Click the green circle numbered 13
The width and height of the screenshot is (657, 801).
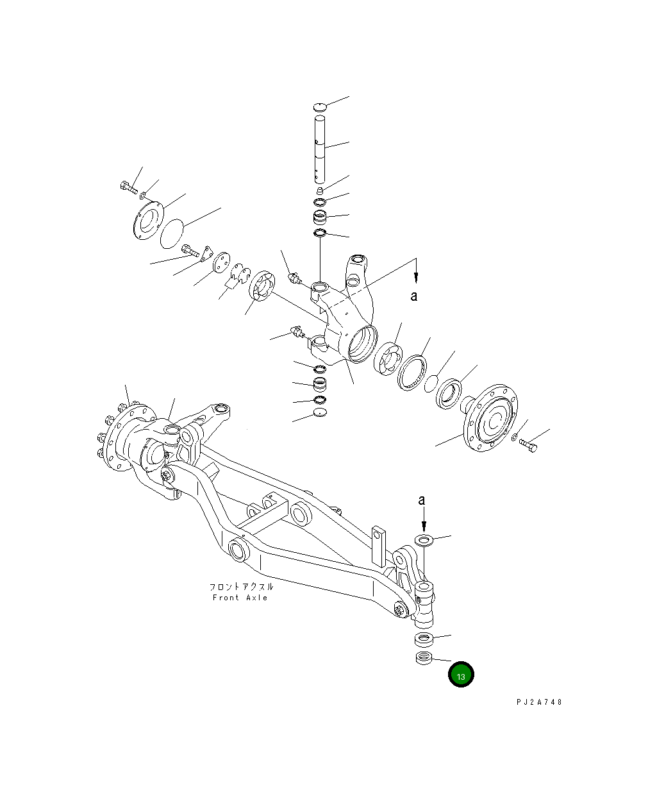coord(461,675)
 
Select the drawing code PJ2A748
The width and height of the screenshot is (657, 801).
coord(538,702)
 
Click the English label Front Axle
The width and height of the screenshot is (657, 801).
coord(240,598)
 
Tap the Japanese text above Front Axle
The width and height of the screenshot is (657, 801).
coord(241,586)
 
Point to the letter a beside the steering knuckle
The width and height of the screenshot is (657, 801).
coord(415,296)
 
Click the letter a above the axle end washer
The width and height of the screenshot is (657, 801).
coord(421,500)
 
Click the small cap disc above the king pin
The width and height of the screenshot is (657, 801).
coord(320,106)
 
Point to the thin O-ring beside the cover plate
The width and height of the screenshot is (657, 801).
coord(172,232)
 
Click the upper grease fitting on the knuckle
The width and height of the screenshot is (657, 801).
coord(296,280)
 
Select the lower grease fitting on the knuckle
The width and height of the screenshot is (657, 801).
coord(297,332)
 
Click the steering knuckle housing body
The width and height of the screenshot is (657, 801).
coord(346,314)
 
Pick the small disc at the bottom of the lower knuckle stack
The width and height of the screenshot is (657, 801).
coord(319,414)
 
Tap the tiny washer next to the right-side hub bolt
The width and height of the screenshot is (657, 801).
coord(515,437)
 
